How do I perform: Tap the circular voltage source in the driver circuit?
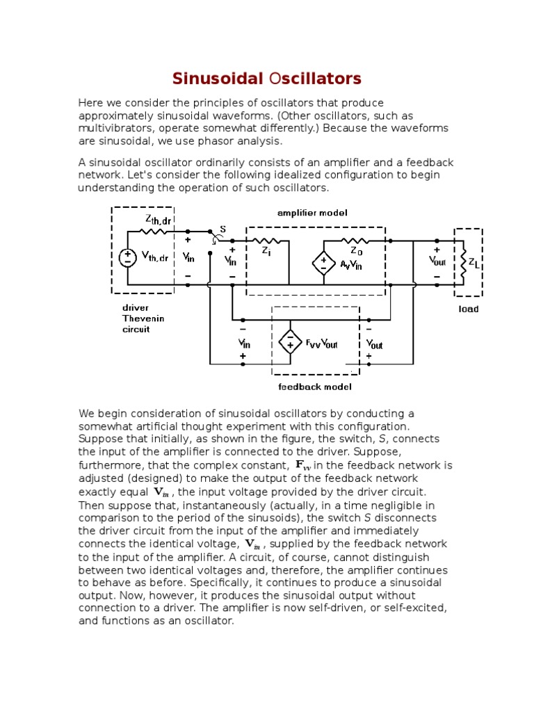coord(127,257)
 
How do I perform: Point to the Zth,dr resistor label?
coord(158,220)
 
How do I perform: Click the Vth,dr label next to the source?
coord(154,257)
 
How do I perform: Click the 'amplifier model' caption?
coord(312,213)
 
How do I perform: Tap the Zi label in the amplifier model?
coord(266,252)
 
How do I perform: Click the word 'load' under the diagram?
coord(468,309)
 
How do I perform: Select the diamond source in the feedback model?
coord(289,342)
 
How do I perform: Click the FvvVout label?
coord(321,343)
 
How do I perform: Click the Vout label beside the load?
coord(437,261)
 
